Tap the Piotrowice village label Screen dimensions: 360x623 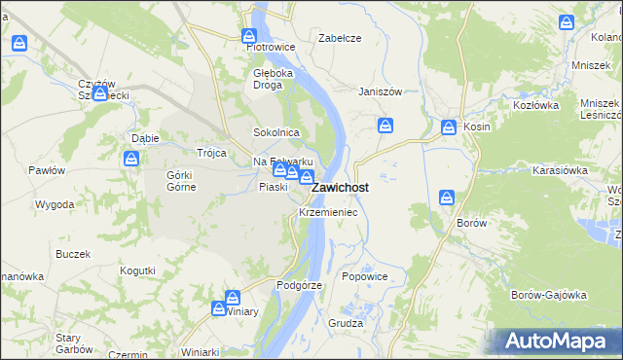(x=270, y=46)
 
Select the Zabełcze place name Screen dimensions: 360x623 (x=340, y=38)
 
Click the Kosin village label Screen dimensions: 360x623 (x=477, y=126)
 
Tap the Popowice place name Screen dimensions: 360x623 (x=365, y=276)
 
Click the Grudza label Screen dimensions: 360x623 (x=346, y=322)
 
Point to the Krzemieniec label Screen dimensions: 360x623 (x=328, y=211)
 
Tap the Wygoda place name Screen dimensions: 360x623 (x=55, y=204)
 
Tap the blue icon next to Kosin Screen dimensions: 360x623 (x=449, y=126)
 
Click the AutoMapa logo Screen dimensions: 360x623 (x=554, y=342)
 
